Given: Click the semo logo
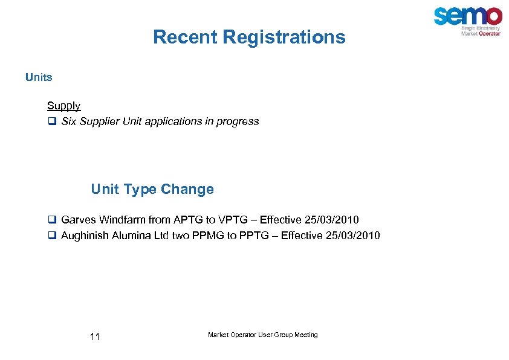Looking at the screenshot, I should pos(467,20).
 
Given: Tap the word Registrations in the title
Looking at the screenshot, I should pos(284,37).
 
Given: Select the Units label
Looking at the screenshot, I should pos(39,77).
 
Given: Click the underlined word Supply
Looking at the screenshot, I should pos(63,106).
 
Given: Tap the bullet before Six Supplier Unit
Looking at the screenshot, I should pos(52,121).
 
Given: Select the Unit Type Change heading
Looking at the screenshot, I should pos(152,189).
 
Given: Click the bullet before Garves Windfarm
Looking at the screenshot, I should pos(52,220).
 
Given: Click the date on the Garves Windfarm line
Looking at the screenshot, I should pos(333,220).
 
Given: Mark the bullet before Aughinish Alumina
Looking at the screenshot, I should pos(52,236).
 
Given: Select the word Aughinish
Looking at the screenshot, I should pos(85,236).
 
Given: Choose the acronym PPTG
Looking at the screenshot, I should pos(253,236).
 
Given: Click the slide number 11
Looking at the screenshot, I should pos(94,336).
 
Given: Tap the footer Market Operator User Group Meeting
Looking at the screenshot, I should pos(262,335).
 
